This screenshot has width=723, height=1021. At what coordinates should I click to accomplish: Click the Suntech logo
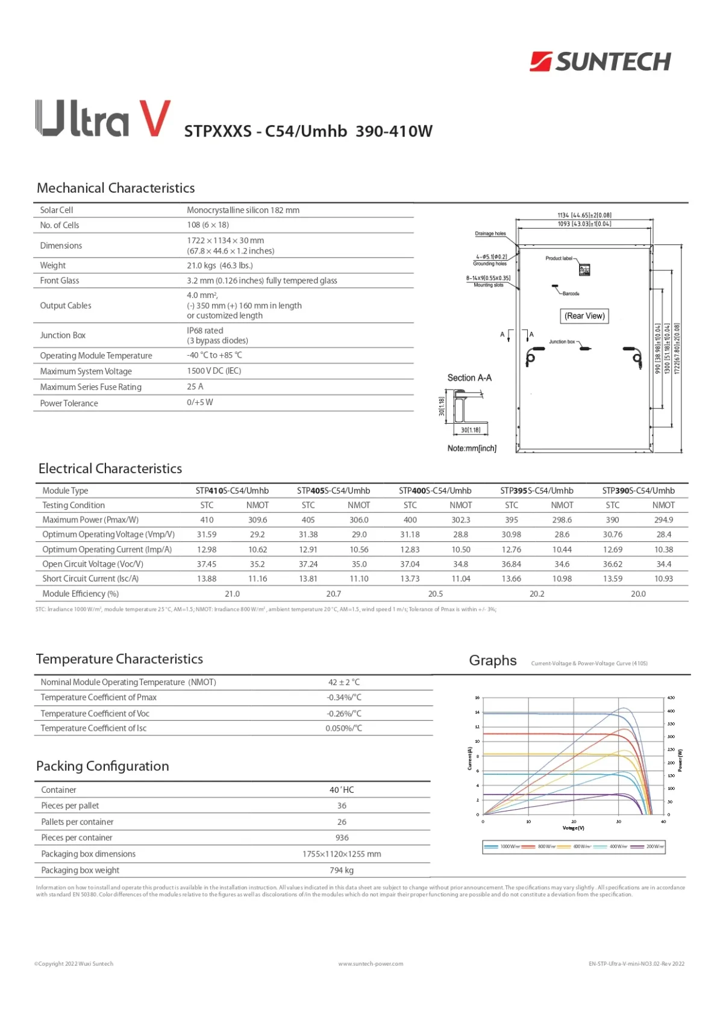tap(600, 61)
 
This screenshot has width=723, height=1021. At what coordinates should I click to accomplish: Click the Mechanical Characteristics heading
tap(116, 188)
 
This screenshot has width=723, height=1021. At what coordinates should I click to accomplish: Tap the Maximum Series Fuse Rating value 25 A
tap(195, 386)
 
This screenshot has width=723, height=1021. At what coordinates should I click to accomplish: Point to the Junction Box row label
tap(63, 335)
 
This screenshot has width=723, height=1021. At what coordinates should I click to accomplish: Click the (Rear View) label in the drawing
tap(584, 316)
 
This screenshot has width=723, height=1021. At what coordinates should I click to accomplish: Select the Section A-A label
tap(469, 378)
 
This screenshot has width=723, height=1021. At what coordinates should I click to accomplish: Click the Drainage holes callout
tap(490, 234)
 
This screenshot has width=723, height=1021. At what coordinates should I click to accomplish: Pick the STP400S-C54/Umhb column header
tap(435, 491)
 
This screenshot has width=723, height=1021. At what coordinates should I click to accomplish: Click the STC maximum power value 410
tap(207, 520)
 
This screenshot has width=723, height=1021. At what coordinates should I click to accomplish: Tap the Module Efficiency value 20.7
tap(333, 594)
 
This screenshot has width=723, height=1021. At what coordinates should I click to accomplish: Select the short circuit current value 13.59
tap(613, 579)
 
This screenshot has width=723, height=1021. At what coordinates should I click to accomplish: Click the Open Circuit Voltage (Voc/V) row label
tap(93, 564)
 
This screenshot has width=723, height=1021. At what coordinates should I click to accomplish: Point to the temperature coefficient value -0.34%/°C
tap(344, 697)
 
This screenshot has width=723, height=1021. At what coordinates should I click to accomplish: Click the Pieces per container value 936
tap(342, 837)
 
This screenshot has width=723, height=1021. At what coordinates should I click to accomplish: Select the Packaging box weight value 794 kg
tap(342, 870)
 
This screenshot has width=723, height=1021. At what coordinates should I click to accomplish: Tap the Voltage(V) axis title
tap(573, 828)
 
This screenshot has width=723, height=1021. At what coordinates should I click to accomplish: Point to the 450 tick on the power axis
tap(671, 698)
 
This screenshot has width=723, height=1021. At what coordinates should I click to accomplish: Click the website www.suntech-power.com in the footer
tap(371, 964)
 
